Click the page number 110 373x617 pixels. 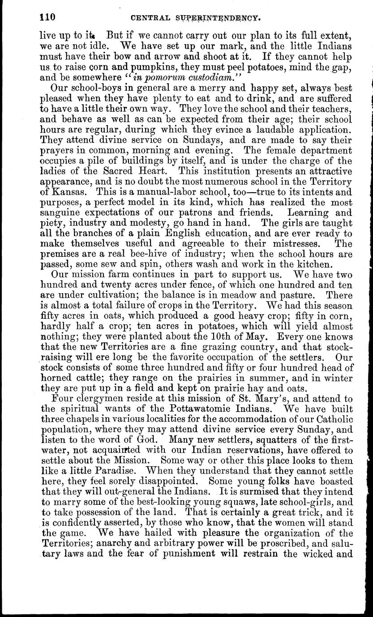(x=47, y=17)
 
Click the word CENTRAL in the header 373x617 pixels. (x=149, y=18)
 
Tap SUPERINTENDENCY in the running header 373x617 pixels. (x=220, y=18)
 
